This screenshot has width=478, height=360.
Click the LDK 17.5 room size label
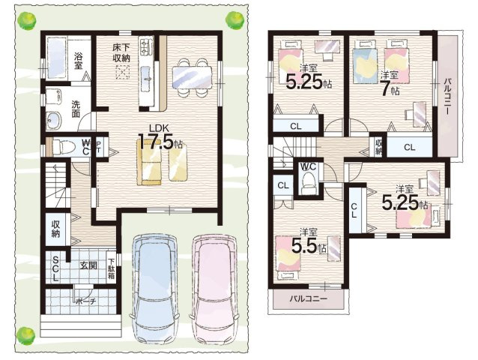point(160,137)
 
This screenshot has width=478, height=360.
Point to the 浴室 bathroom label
point(79,61)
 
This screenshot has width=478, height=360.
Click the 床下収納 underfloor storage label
point(121,52)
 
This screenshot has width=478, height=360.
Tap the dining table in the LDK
point(192,78)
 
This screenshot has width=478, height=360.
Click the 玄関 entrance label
point(88,265)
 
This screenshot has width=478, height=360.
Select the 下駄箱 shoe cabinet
point(112,268)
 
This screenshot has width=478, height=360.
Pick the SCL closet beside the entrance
point(56,268)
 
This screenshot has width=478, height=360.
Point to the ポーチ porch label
point(85,301)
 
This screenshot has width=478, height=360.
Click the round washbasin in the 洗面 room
point(54,120)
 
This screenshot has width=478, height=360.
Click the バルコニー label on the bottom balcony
point(308,298)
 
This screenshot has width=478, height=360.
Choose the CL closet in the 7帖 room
point(410,147)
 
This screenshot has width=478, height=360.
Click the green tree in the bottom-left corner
point(25,335)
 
